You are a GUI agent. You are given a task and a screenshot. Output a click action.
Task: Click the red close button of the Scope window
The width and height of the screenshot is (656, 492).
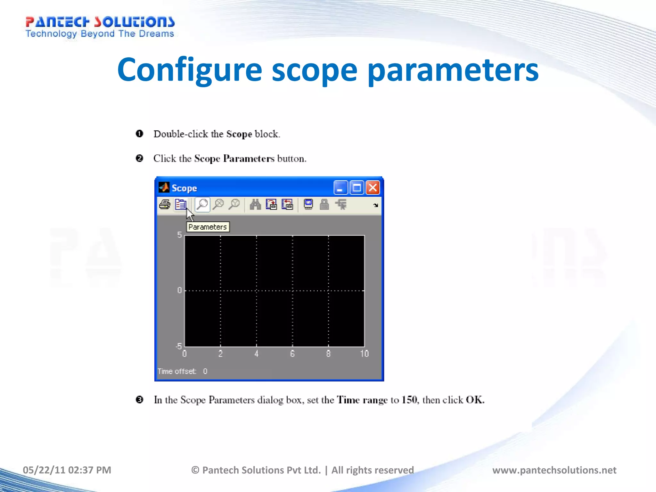click(373, 188)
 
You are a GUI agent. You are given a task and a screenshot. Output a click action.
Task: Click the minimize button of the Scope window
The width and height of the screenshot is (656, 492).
click(340, 188)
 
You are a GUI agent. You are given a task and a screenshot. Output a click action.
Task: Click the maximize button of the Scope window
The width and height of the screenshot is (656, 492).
click(357, 188)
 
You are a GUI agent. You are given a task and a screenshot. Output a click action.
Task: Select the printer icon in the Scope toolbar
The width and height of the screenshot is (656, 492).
click(165, 204)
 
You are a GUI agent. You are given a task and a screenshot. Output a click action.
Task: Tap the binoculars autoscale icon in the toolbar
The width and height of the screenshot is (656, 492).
click(255, 204)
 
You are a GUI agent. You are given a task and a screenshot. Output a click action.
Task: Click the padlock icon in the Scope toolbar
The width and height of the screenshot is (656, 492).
click(324, 204)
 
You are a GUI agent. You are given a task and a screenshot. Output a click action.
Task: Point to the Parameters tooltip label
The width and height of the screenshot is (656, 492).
click(208, 227)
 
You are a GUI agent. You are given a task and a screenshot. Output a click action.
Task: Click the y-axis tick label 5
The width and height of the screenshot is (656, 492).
click(179, 235)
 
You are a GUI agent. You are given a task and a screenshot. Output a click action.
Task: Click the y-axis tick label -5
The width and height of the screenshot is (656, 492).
click(179, 346)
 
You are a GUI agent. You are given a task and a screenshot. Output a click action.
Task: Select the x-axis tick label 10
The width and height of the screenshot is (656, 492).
click(364, 354)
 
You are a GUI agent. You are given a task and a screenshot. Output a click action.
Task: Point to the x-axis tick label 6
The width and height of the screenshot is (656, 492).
click(292, 354)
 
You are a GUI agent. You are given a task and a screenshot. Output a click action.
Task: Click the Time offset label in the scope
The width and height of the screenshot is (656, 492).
click(177, 371)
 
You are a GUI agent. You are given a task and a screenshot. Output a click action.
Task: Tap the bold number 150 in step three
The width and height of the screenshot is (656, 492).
click(409, 400)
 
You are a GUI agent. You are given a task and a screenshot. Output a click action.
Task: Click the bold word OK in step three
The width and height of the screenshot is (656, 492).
click(475, 400)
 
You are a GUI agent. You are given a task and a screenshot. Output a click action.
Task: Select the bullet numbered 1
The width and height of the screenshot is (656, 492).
click(139, 134)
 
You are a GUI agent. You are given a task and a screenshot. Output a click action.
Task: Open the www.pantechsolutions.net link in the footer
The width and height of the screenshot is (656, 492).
click(554, 470)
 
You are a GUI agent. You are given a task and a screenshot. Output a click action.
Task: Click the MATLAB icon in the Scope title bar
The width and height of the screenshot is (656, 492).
click(164, 187)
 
